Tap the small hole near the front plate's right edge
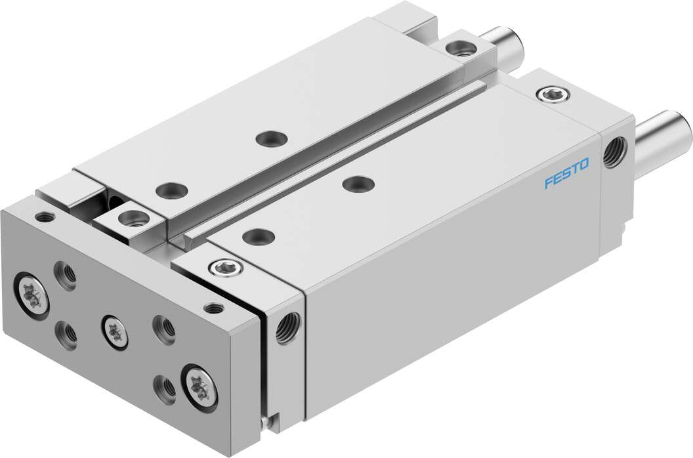212,307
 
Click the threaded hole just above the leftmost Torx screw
65,275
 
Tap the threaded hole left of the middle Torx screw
66,335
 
